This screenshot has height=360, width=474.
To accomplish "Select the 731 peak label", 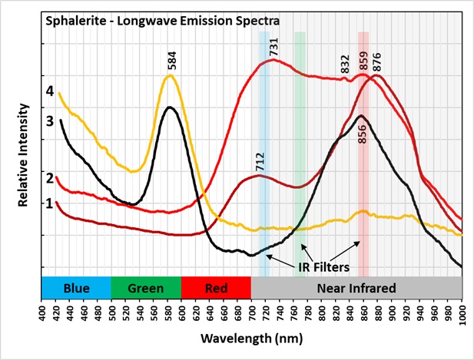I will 273,46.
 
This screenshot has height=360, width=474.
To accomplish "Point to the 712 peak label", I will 260,162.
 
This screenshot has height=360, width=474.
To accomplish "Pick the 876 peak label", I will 376,62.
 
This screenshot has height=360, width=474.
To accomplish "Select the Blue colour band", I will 77,288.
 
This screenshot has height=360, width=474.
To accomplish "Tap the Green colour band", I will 147,288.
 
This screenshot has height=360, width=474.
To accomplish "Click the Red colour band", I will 217,288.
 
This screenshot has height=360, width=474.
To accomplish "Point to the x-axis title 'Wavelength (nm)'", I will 251,338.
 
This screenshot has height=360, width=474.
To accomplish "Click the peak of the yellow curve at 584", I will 171,75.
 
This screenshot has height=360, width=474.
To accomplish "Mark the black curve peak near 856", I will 361,116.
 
